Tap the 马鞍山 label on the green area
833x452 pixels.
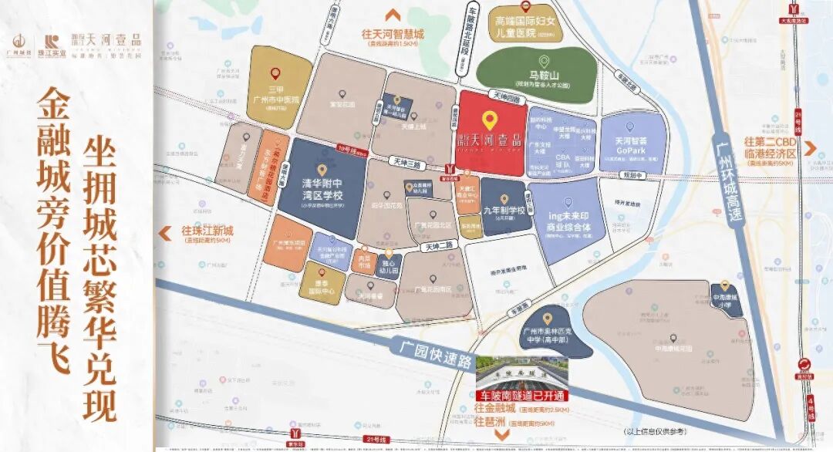click(542, 77)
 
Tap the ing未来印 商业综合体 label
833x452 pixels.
click(568, 223)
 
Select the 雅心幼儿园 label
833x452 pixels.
click(389, 268)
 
